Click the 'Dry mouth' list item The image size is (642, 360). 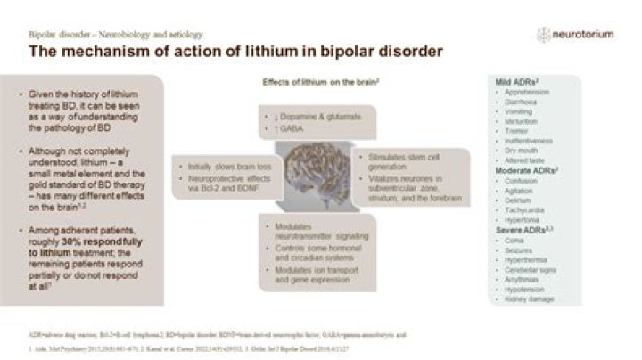pyautogui.click(x=520, y=151)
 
